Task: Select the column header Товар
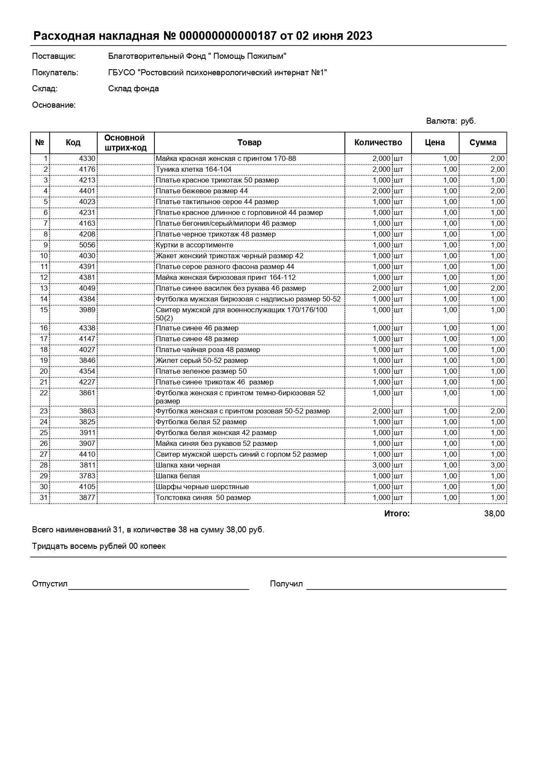tap(249, 143)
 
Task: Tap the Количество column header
tap(378, 143)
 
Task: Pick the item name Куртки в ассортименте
tap(194, 245)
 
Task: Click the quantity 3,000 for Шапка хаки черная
tap(381, 465)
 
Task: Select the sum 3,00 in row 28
tap(497, 465)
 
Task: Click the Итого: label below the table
tap(396, 514)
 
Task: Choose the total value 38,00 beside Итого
tap(494, 514)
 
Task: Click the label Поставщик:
tap(54, 56)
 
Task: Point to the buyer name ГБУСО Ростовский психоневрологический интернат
tap(217, 73)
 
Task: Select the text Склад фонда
tap(133, 89)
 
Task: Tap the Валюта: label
tap(441, 121)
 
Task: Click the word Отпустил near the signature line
tap(50, 584)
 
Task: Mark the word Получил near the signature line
tap(286, 584)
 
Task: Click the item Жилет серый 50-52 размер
tap(202, 361)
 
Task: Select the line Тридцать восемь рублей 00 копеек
tap(99, 546)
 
